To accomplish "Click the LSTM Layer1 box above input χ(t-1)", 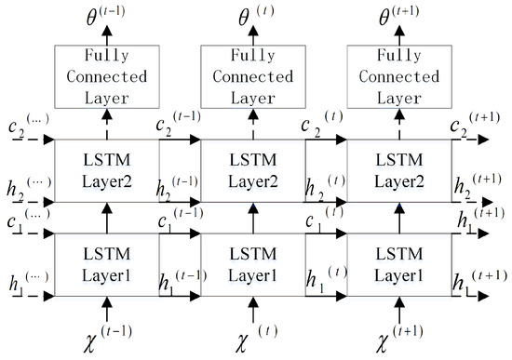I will (x=107, y=266).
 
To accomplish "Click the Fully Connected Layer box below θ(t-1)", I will (x=107, y=75).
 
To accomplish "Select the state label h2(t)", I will (x=327, y=187).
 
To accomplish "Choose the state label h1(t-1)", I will (x=180, y=282).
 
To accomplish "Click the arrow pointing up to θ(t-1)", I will (x=107, y=36).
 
